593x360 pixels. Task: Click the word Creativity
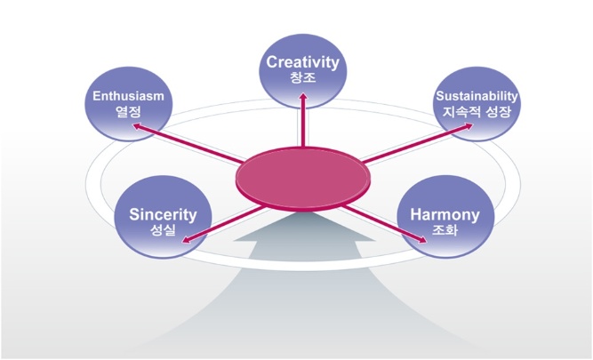pos(302,62)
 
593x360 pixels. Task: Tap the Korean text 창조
pos(302,77)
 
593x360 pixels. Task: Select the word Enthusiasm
pos(129,96)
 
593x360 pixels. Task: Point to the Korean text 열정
pos(129,111)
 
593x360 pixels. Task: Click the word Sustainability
pos(477,96)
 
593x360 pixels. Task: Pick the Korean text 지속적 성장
pos(477,111)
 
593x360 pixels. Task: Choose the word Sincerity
pos(163,215)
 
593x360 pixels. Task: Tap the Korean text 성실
pos(163,230)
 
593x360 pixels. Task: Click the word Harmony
pos(445,215)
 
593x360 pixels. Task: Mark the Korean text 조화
pos(445,230)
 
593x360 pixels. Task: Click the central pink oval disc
pos(303,178)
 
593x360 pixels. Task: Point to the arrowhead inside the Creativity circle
pos(303,97)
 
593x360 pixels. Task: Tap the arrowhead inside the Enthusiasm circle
pos(138,126)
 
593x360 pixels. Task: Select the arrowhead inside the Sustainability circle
pos(468,127)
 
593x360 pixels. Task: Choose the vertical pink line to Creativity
pos(303,120)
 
